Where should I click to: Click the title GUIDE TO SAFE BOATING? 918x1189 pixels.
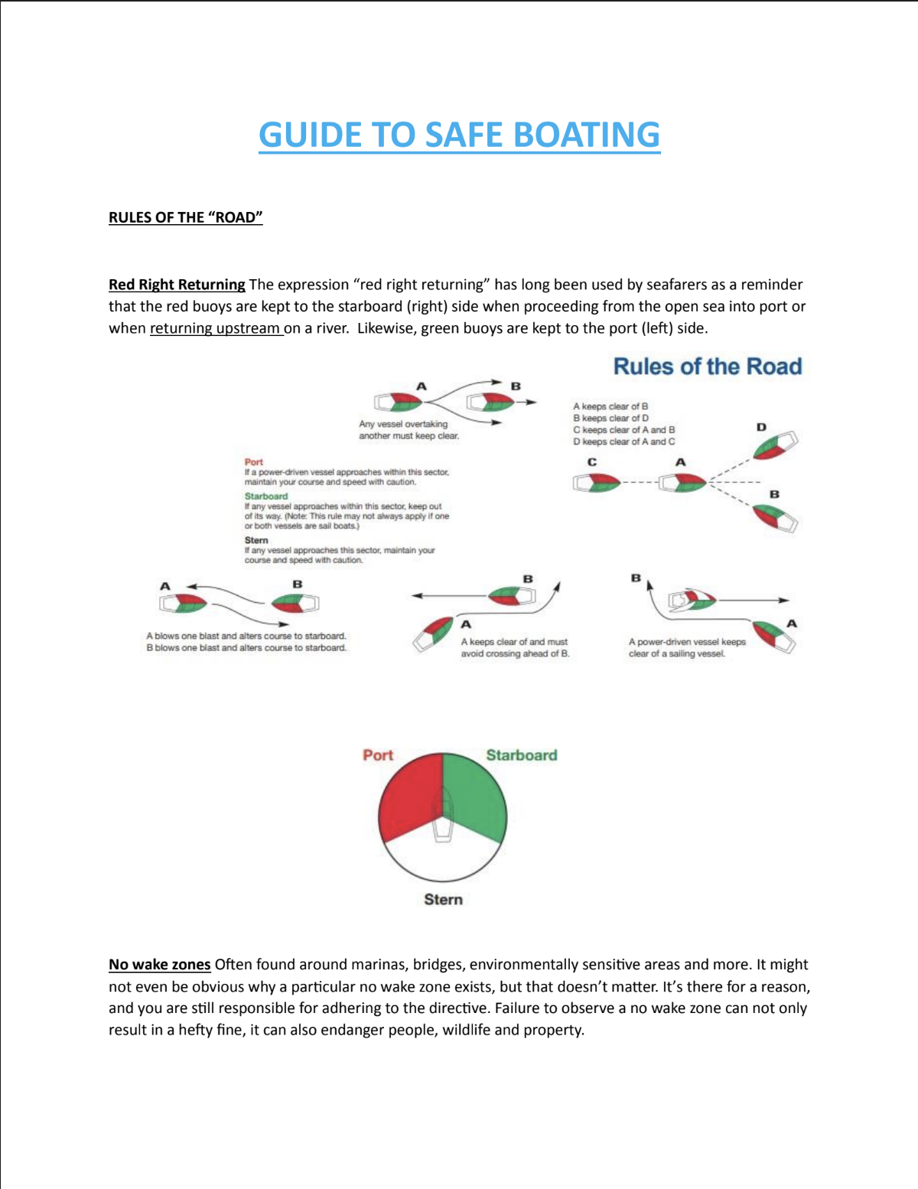[x=459, y=135]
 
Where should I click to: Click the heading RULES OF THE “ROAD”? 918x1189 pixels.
[x=185, y=217]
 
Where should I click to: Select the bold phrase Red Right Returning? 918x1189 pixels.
[x=177, y=285]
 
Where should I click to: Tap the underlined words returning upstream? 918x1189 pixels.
[x=215, y=328]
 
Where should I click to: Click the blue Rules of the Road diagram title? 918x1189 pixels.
[x=708, y=366]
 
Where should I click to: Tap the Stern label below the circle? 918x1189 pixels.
[x=444, y=900]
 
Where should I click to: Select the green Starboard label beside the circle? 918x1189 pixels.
[x=522, y=755]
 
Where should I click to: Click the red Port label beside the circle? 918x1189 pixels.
[x=378, y=755]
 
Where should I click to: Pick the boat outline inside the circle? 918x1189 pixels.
[x=443, y=816]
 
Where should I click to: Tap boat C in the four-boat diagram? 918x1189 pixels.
[x=597, y=483]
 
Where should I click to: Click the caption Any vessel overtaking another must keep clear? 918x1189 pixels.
[x=409, y=430]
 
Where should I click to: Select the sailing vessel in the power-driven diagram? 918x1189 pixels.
[x=692, y=601]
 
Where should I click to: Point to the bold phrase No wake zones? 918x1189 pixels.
[x=159, y=965]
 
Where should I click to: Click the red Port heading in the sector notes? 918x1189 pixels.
[x=253, y=462]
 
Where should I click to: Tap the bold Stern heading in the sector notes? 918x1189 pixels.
[x=256, y=540]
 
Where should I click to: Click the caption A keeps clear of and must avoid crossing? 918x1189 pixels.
[x=515, y=648]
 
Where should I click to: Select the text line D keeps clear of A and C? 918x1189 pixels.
[x=623, y=441]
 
